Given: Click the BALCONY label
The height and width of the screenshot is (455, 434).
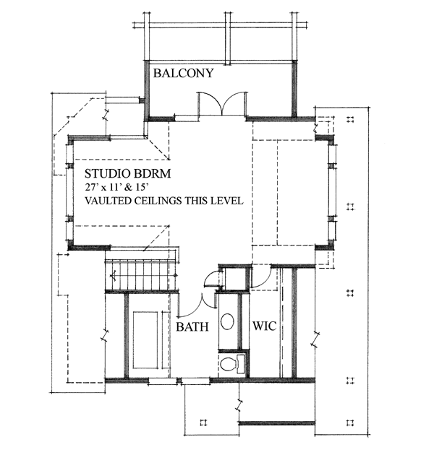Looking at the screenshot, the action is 184,73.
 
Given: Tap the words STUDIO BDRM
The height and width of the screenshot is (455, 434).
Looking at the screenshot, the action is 127,173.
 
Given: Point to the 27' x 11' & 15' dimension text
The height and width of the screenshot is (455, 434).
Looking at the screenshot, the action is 115,187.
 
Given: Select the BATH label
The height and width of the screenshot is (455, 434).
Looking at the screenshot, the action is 192,326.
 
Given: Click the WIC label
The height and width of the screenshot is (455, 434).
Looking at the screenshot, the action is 264,326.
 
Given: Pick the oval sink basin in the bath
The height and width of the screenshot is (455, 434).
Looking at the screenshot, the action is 227,321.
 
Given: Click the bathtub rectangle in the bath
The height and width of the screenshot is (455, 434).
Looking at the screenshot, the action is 145,340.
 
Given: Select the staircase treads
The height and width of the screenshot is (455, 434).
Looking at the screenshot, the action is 142,275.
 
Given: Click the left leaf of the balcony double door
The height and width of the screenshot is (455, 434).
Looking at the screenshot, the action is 210,103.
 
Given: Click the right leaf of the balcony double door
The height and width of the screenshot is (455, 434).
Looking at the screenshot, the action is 235,103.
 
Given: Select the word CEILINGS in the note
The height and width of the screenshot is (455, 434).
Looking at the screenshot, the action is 158,201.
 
